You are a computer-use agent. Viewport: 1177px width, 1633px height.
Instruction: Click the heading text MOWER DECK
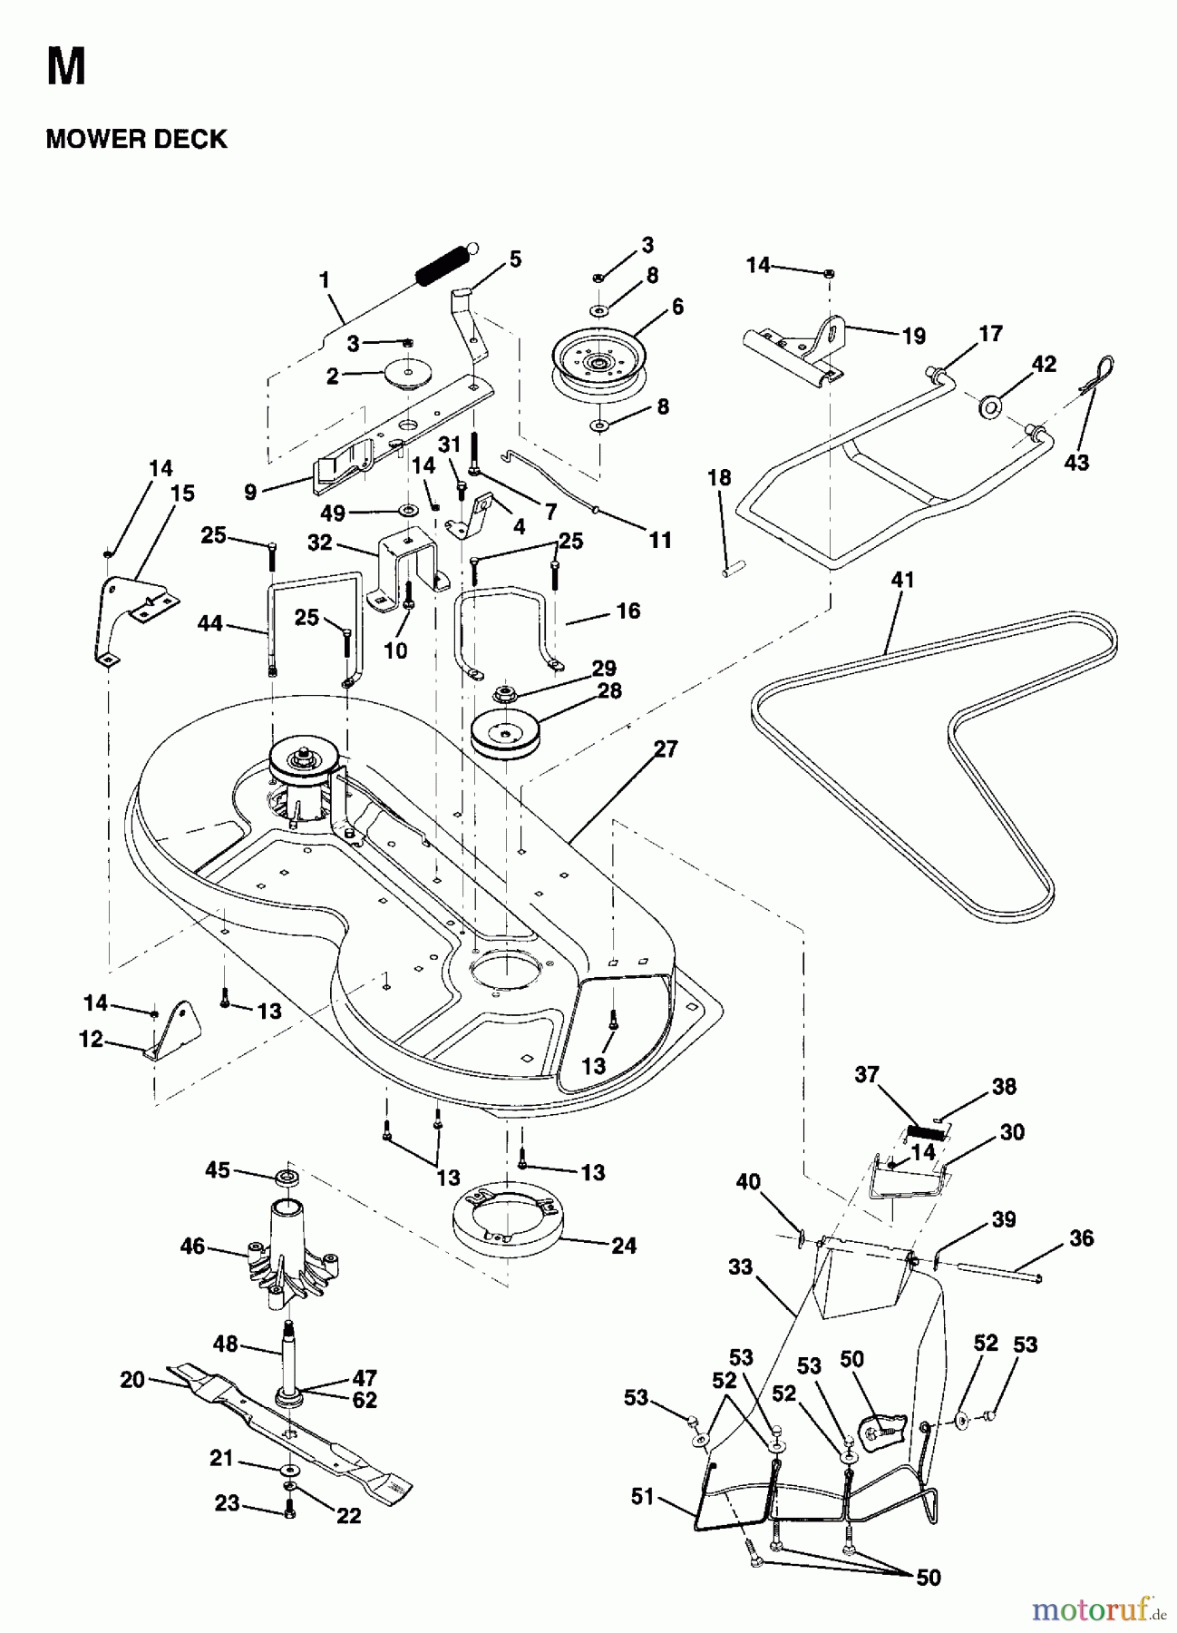(136, 139)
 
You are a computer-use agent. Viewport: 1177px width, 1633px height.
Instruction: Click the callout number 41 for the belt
(902, 580)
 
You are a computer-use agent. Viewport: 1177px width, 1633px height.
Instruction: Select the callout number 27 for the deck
(666, 749)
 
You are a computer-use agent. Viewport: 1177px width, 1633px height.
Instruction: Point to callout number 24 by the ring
(624, 1246)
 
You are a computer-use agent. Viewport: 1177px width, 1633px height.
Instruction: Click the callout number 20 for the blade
(132, 1379)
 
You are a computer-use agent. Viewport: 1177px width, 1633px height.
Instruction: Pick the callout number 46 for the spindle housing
(192, 1247)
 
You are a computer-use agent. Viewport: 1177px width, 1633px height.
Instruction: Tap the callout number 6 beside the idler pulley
(676, 307)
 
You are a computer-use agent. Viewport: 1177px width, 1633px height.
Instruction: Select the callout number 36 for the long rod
(1081, 1237)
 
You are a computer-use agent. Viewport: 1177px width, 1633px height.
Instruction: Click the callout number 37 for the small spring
(867, 1074)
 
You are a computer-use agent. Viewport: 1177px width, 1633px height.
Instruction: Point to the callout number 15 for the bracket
(182, 494)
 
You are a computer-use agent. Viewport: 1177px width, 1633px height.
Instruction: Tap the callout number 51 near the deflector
(642, 1496)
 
